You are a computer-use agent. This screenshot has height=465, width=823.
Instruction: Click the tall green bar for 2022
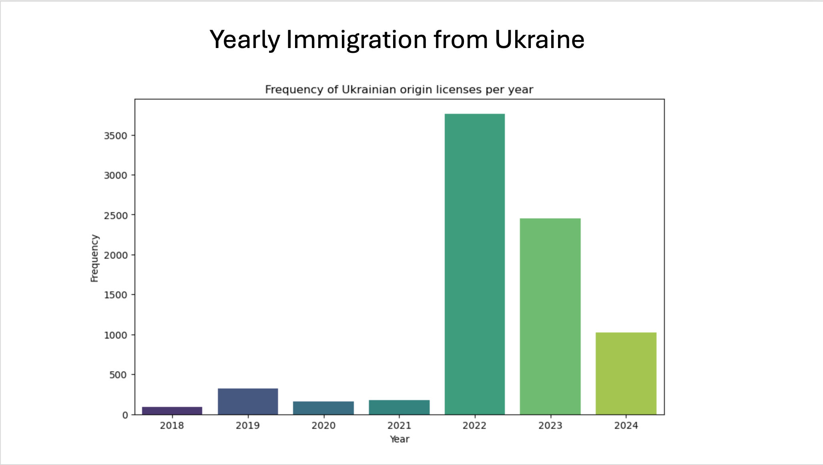(474, 264)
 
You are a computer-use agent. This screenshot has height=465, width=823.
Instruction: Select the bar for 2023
(550, 316)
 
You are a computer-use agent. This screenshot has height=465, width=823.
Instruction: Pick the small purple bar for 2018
(172, 411)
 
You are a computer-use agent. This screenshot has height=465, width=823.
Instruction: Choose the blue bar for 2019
(248, 401)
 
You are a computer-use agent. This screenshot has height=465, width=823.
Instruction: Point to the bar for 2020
(323, 408)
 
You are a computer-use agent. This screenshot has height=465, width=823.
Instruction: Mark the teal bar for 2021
(399, 407)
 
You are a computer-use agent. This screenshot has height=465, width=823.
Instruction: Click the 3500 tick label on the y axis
(115, 136)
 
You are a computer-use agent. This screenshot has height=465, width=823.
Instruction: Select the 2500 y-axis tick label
(115, 216)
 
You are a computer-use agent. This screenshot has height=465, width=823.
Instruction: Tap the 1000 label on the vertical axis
(115, 335)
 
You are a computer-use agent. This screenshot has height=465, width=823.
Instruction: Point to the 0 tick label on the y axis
(125, 415)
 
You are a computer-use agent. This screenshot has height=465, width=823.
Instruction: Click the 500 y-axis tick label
(118, 375)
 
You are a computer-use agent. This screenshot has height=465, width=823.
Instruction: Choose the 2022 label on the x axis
(474, 425)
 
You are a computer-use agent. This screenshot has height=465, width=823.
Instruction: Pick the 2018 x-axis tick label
(172, 425)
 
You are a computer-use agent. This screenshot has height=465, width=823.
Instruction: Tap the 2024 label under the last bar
(626, 425)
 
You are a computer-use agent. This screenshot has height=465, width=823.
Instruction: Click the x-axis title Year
(399, 439)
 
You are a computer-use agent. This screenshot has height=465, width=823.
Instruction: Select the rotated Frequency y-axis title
(94, 258)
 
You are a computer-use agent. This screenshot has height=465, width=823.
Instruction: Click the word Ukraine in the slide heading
(539, 40)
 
